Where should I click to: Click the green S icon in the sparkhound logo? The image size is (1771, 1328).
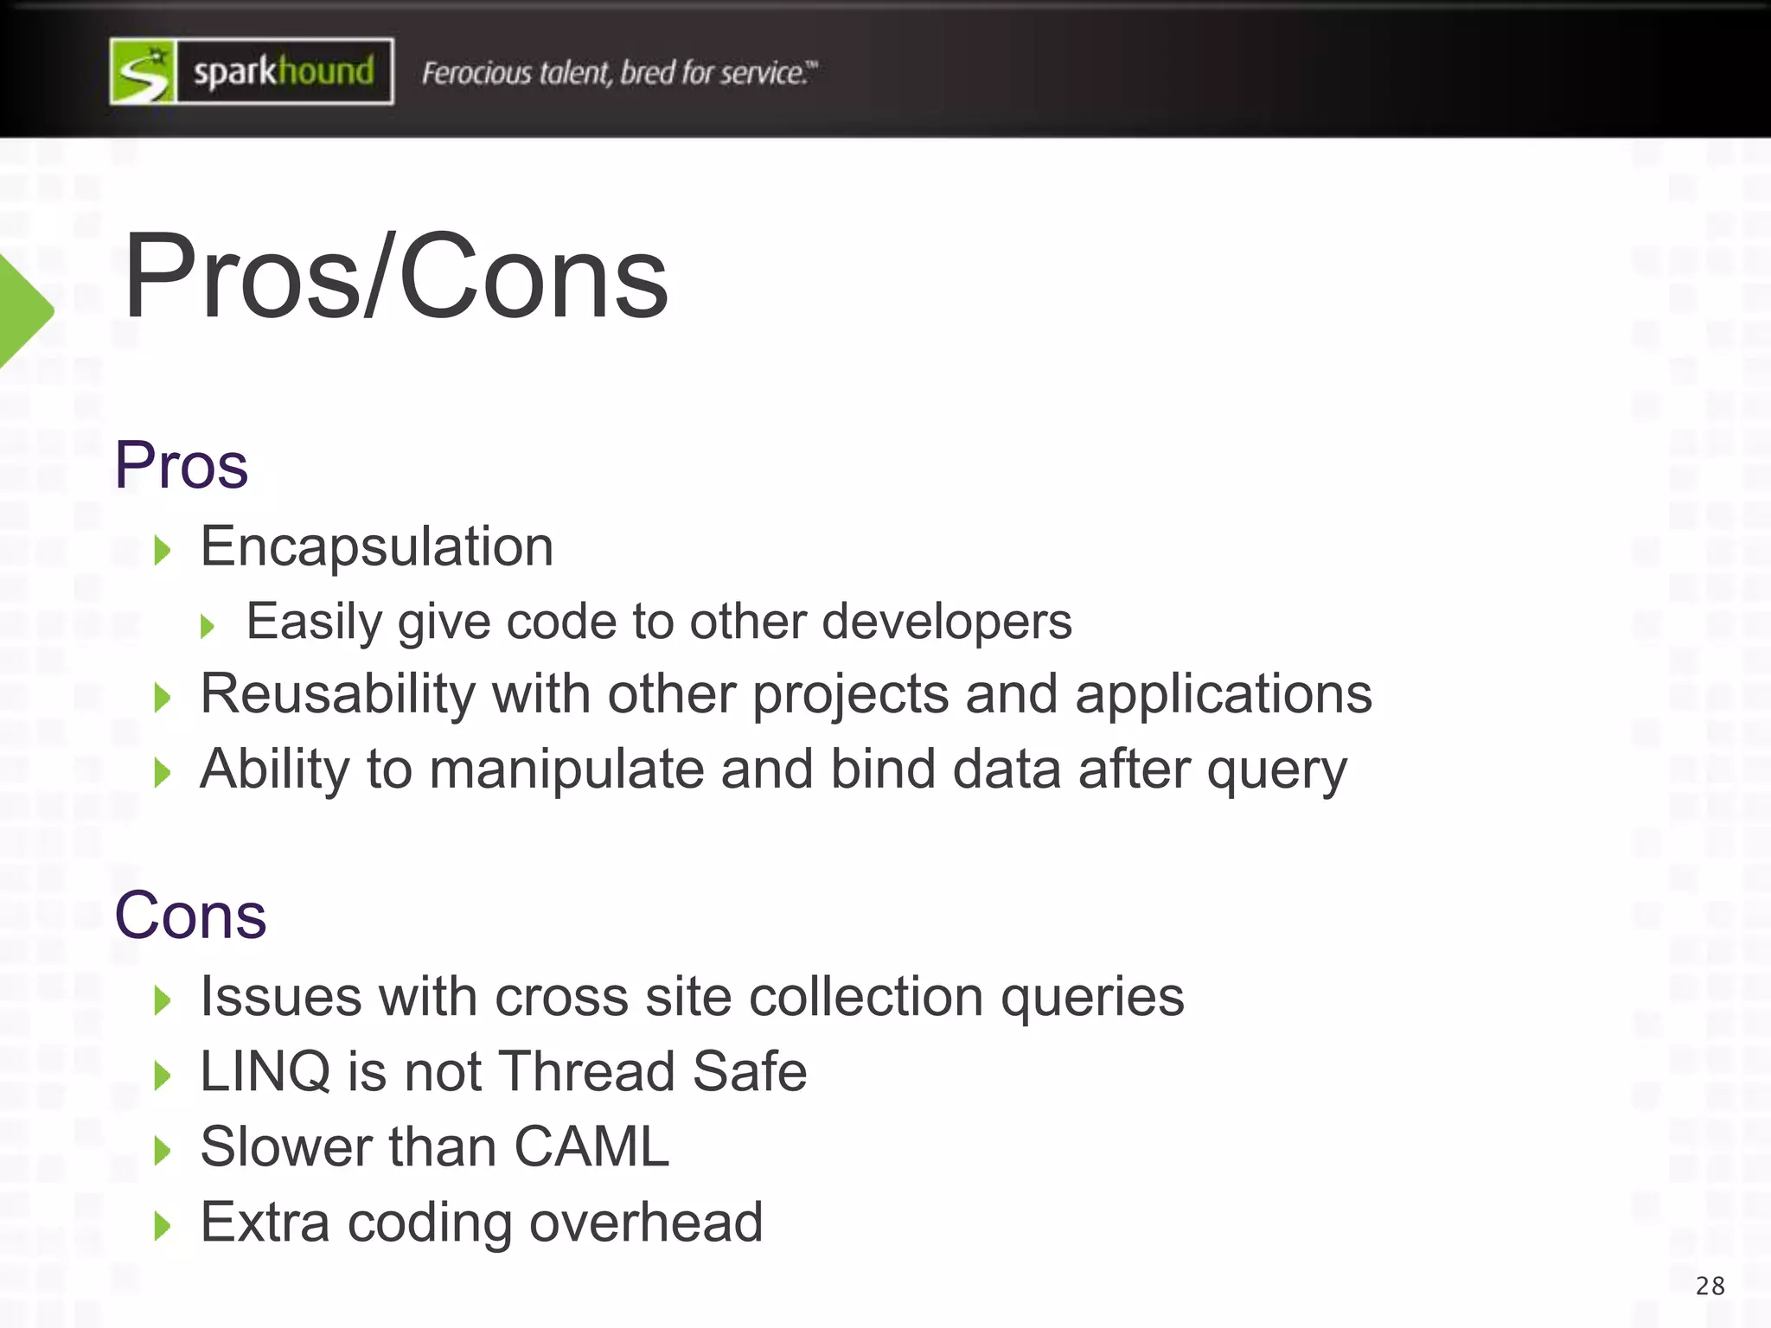[144, 72]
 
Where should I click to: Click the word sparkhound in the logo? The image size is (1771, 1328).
[284, 72]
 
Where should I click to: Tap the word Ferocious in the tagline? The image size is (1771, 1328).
[476, 73]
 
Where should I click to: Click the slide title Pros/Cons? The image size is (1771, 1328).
[396, 277]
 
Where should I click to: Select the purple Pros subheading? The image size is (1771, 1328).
[182, 465]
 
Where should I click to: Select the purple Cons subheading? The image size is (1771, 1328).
[190, 915]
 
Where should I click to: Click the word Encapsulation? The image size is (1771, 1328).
[377, 546]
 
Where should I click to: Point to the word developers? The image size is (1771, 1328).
[946, 622]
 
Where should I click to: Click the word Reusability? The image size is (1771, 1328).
[337, 694]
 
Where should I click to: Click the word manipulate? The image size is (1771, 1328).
[566, 769]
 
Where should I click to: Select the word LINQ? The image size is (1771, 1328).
[265, 1072]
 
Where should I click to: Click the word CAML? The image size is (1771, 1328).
[591, 1147]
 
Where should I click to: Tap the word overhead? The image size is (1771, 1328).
[645, 1223]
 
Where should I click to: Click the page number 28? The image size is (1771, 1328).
[1710, 1286]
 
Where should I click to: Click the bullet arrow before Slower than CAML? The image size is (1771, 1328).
[162, 1151]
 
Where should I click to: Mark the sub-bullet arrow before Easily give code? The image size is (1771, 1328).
[207, 625]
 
